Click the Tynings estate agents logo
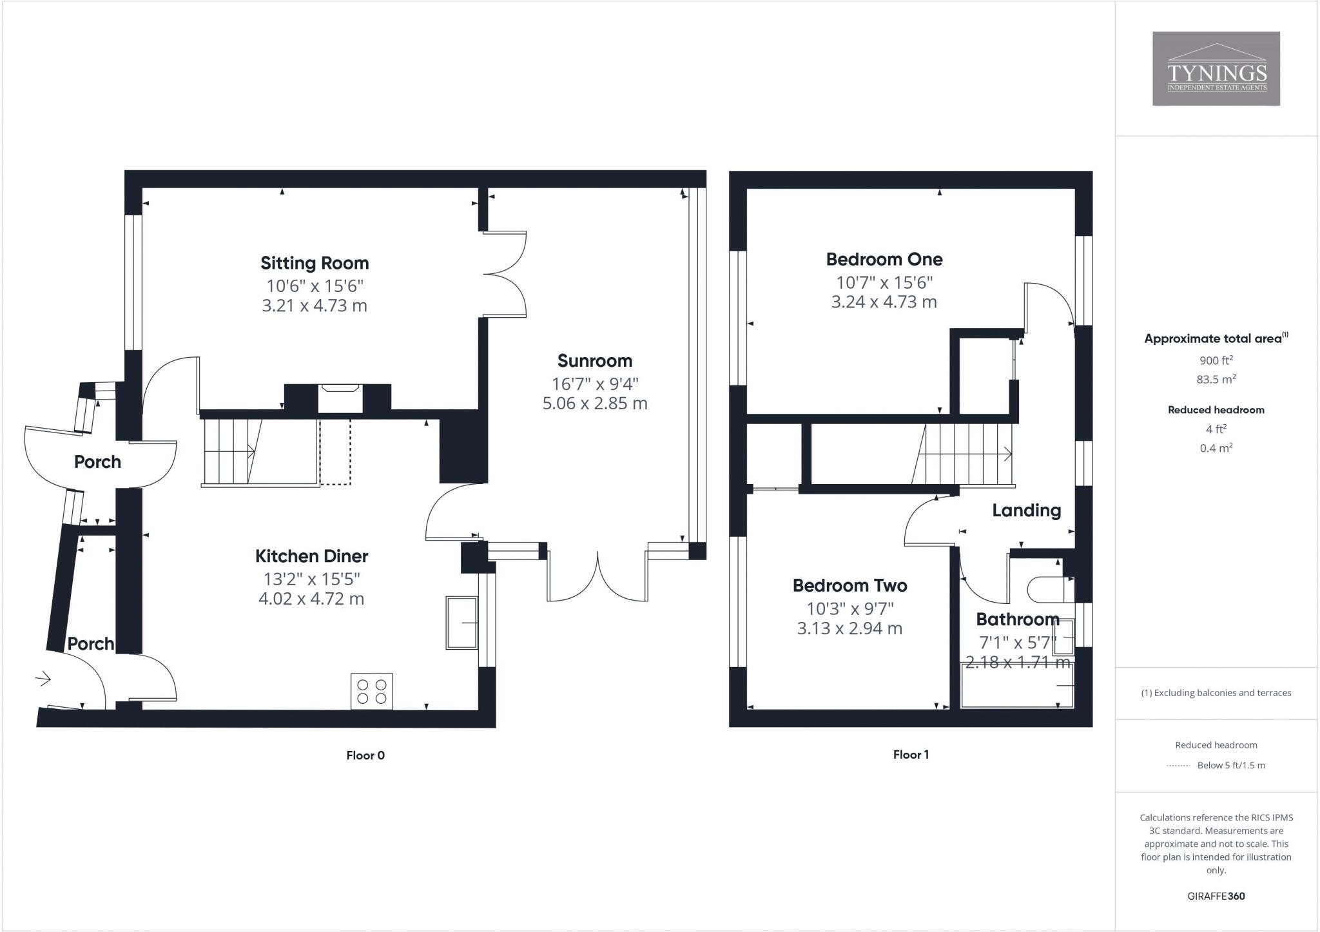[1216, 68]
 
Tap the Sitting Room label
[315, 263]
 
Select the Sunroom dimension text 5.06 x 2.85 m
[594, 403]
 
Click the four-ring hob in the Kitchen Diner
[372, 692]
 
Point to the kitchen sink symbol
[461, 623]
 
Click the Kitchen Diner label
[311, 556]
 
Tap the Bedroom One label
[884, 259]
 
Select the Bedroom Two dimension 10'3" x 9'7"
[849, 608]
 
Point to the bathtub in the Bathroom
[1016, 687]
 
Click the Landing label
[1026, 510]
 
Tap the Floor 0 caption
[365, 755]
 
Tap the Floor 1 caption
[911, 755]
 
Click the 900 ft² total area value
[1216, 360]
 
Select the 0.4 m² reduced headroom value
[1216, 448]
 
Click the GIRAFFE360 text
[1216, 896]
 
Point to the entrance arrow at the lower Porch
[43, 678]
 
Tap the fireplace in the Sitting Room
[340, 398]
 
